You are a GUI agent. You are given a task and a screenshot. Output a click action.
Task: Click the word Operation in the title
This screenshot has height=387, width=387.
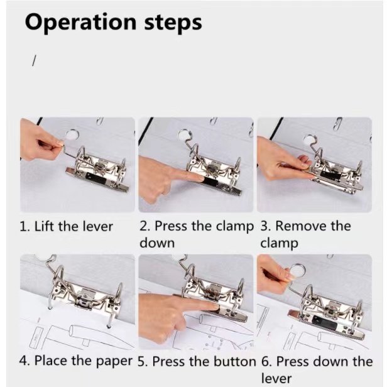click(80, 22)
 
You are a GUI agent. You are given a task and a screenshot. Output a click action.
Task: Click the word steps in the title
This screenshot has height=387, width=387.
click(173, 22)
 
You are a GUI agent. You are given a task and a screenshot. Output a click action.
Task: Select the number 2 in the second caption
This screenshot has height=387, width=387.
click(143, 226)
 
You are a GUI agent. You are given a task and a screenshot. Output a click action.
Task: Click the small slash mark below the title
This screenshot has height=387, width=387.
click(34, 61)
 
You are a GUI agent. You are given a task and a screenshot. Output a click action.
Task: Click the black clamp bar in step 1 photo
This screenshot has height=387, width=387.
click(97, 177)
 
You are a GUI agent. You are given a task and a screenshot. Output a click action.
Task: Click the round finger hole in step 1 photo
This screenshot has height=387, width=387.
click(72, 134)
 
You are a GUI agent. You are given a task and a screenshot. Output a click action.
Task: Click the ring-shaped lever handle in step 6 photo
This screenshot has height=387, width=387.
click(297, 271)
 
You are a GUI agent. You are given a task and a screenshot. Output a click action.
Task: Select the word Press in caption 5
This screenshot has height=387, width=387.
click(170, 362)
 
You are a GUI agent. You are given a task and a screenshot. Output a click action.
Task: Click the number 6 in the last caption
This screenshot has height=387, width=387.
click(265, 362)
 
